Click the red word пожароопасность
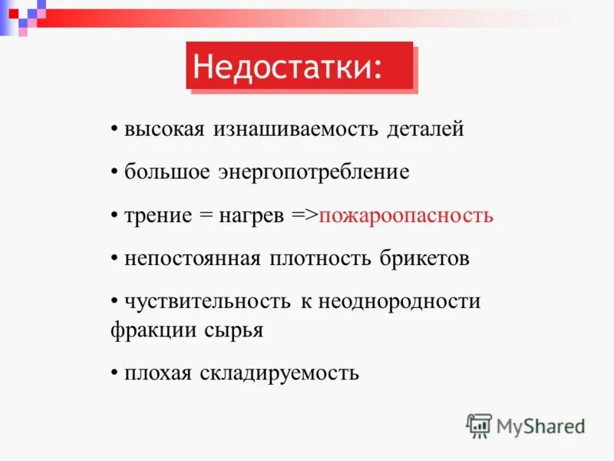(406, 215)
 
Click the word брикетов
(424, 258)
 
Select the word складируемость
(279, 373)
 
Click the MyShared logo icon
(479, 425)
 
